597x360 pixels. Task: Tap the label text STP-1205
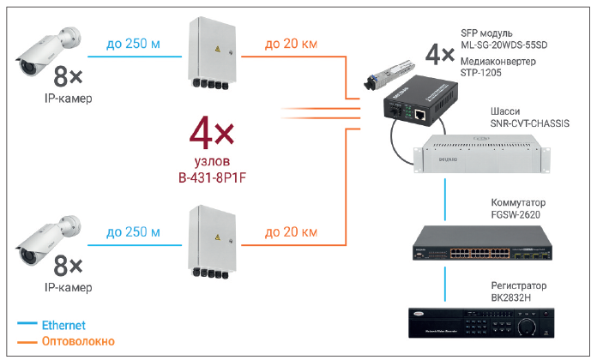coord(480,75)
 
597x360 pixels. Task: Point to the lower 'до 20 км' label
coord(291,231)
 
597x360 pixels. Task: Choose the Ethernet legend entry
coord(61,325)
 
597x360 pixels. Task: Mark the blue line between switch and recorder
coord(445,284)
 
